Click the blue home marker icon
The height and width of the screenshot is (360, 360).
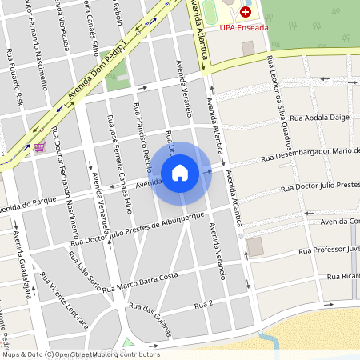pyautogui.click(x=180, y=172)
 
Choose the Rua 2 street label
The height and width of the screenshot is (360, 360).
pyautogui.click(x=204, y=303)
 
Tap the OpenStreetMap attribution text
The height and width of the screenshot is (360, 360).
pyautogui.click(x=80, y=354)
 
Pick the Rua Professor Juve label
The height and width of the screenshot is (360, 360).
pyautogui.click(x=329, y=250)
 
